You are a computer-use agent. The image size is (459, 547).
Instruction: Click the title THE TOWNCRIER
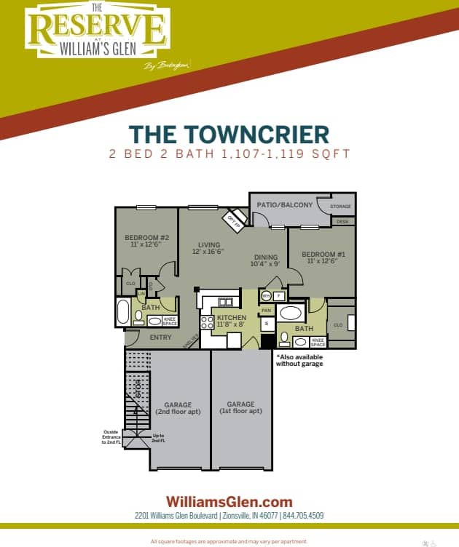[229, 135]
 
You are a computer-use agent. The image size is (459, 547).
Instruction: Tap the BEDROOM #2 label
[146, 238]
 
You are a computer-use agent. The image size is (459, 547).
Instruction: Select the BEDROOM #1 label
[318, 255]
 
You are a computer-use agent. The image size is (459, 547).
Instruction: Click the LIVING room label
[208, 245]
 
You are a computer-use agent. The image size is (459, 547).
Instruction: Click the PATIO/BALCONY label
[284, 205]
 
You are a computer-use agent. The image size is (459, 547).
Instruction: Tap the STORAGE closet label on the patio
[340, 207]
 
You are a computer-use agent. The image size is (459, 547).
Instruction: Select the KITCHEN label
[232, 318]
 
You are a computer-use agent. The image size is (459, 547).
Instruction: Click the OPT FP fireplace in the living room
[234, 219]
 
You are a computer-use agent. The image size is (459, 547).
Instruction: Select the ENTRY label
[160, 338]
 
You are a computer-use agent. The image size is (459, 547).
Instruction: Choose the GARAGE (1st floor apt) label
[240, 407]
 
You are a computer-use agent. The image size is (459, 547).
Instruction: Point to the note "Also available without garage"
[299, 360]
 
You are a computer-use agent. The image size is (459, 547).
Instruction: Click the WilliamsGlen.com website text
[229, 501]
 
